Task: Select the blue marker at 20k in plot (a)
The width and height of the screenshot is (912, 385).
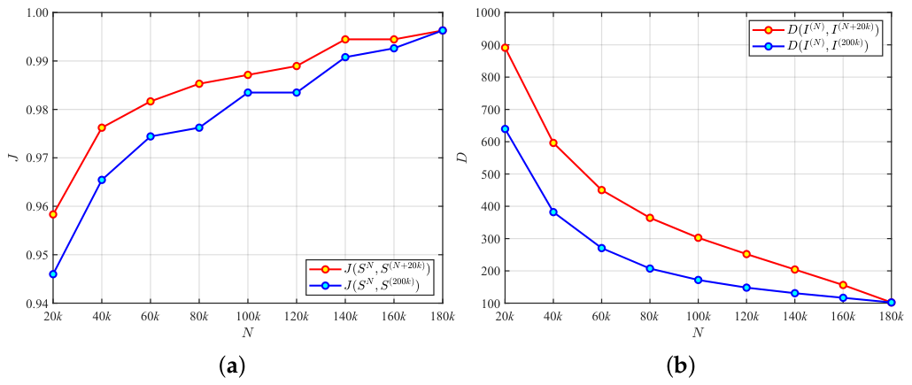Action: [53, 273]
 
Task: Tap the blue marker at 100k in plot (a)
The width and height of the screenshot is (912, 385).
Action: [248, 92]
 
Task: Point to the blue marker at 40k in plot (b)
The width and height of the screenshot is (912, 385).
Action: [553, 212]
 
